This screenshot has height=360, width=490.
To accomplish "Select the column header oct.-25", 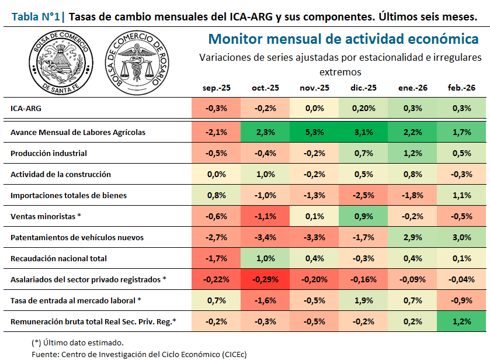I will point(265,88).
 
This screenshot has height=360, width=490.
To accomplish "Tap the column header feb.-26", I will point(461,88).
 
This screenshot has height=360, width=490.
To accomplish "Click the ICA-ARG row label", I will point(26,108).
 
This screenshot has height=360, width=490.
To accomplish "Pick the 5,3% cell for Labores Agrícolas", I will point(314,132).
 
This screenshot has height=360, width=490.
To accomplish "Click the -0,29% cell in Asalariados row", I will point(265,279).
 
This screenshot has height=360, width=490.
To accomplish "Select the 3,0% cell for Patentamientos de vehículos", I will point(461,237).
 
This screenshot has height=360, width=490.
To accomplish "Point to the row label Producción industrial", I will point(48,153).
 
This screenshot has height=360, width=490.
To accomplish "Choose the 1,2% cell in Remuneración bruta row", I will point(461,321).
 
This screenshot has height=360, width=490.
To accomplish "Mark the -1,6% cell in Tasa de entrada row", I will point(265,300).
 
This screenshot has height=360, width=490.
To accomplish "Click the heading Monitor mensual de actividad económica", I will point(343,39).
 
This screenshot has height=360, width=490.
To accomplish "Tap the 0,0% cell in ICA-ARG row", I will point(314,108).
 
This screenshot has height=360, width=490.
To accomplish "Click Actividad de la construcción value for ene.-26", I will point(412,174).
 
